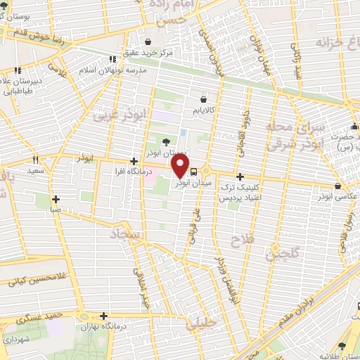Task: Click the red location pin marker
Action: tap(181, 165)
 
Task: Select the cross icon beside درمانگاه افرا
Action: tap(134, 161)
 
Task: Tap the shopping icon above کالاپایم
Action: tap(205, 99)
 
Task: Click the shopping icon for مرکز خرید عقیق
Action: tap(148, 41)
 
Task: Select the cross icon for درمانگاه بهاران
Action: tap(105, 316)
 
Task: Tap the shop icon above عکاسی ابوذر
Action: tap(339, 186)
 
